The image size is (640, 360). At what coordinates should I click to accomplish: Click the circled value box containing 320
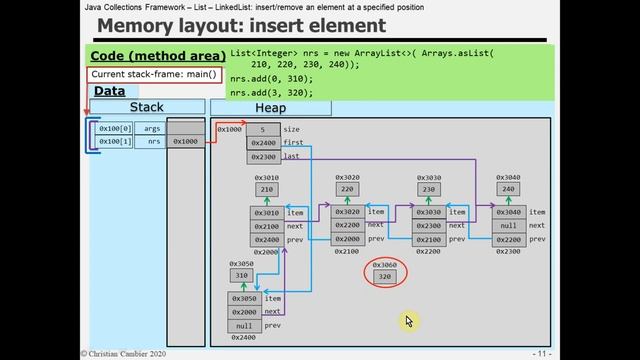385,275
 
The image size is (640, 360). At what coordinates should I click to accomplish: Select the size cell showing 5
263,129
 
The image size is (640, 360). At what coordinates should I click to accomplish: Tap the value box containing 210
267,189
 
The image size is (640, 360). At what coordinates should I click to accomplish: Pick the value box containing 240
507,189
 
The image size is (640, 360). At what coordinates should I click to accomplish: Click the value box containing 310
241,275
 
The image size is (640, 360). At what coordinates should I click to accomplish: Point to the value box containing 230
428,189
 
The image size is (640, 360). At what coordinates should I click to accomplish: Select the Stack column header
147,107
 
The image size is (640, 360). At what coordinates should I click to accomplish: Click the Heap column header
270,107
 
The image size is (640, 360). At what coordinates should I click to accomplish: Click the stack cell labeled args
152,129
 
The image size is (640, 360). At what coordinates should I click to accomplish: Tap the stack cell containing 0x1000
186,142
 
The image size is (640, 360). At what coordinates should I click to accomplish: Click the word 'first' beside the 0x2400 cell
292,143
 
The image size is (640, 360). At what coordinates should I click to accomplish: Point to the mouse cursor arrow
409,321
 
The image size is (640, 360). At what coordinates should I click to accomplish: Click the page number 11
540,353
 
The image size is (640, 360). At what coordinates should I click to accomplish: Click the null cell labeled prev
244,326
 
